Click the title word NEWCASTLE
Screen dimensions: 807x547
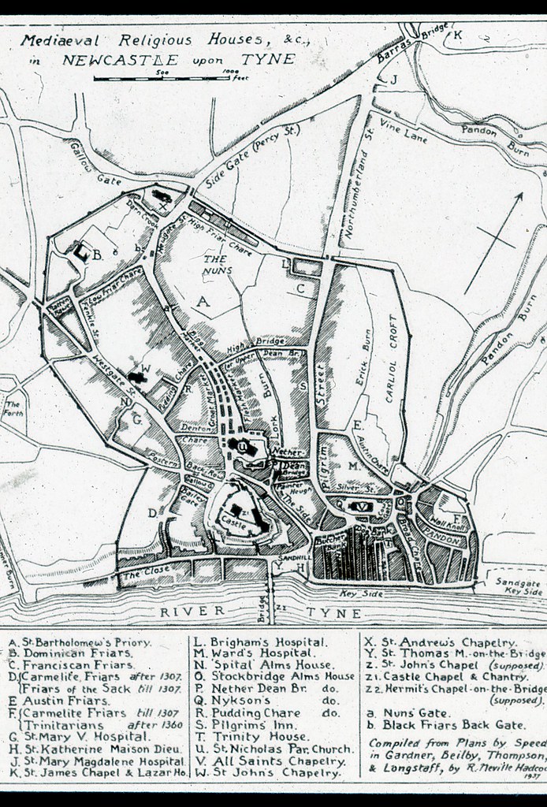[154, 59]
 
